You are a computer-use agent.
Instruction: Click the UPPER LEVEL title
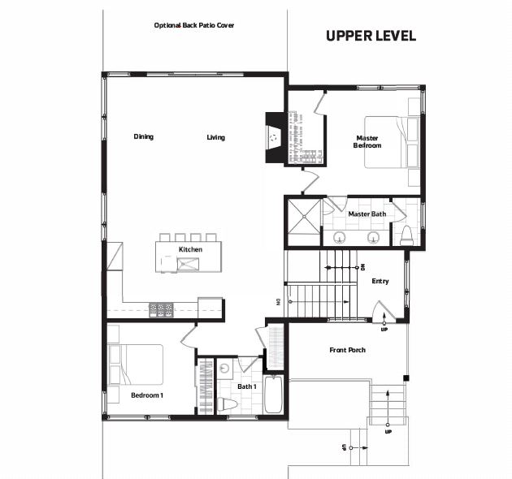[371, 36]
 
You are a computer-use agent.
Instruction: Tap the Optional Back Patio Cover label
[194, 25]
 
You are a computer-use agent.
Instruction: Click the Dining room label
[144, 136]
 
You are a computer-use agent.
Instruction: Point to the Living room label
[216, 137]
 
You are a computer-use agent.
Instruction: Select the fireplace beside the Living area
[275, 137]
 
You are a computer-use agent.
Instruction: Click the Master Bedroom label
[367, 142]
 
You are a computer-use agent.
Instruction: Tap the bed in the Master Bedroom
[392, 142]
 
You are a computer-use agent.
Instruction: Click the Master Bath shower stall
[304, 216]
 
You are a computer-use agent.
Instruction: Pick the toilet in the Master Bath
[407, 235]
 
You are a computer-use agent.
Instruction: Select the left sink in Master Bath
[340, 237]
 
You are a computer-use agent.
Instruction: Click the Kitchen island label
[190, 249]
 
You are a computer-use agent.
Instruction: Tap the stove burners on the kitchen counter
[161, 310]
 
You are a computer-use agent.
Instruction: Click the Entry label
[380, 281]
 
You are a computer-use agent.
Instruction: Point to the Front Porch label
[348, 350]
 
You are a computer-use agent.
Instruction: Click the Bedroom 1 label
[147, 395]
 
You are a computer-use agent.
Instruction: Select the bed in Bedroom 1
[136, 365]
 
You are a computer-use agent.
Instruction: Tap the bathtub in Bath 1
[273, 395]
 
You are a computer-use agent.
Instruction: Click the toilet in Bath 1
[227, 404]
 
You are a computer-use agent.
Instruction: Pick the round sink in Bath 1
[224, 369]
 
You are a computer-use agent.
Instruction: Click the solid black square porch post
[406, 378]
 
